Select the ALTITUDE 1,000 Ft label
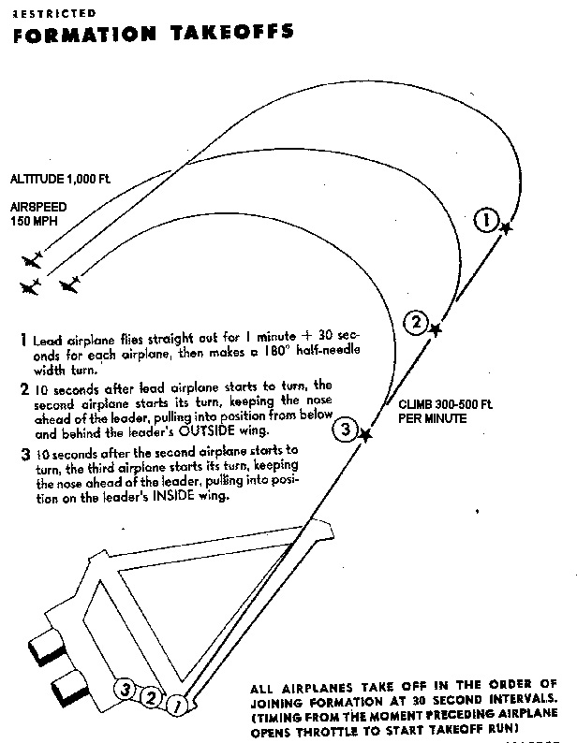click(x=60, y=179)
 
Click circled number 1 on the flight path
click(x=485, y=221)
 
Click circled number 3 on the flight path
click(x=345, y=430)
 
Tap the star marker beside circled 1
click(x=506, y=227)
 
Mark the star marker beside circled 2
click(x=435, y=328)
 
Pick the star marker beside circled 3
click(x=365, y=434)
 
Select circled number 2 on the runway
click(x=149, y=695)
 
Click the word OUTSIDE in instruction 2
click(x=245, y=430)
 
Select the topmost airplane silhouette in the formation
click(x=34, y=257)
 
